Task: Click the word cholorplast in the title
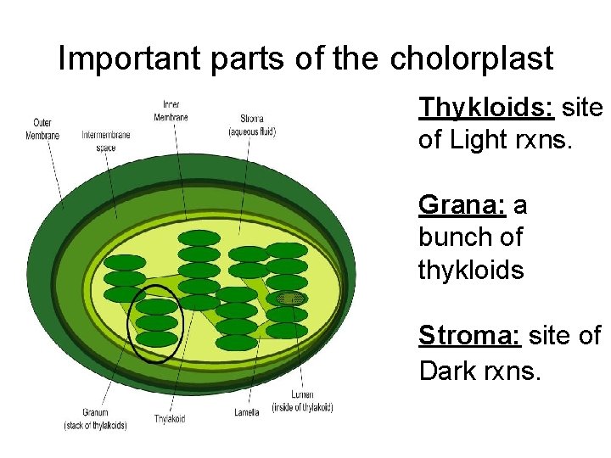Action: [x=471, y=59]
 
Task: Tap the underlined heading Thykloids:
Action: [x=486, y=108]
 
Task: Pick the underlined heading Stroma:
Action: [x=470, y=336]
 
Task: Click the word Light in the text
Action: [x=480, y=140]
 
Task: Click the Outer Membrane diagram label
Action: [x=42, y=129]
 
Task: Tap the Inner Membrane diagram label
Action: [x=171, y=110]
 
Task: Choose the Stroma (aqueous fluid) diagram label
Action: [x=252, y=126]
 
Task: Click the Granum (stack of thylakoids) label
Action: [x=95, y=419]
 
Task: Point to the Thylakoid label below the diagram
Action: [x=171, y=419]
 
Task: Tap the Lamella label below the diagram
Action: [x=246, y=413]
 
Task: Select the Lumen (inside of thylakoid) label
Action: [x=302, y=401]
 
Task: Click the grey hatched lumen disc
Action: [x=291, y=299]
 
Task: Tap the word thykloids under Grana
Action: [x=470, y=270]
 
